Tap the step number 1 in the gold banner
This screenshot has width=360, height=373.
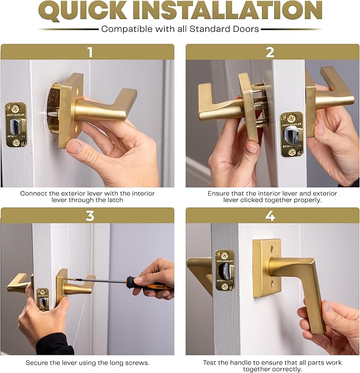pos(90,52)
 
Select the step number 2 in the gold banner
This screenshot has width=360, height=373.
pos(270,52)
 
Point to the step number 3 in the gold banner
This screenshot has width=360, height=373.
pos(90,215)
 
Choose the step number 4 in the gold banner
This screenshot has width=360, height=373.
pos(270,215)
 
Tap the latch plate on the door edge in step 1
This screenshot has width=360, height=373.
pos(16,125)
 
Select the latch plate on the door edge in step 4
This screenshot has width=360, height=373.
pos(224,270)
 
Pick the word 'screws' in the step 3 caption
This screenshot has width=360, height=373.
pos(137,363)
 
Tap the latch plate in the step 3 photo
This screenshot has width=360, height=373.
pos(42,299)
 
